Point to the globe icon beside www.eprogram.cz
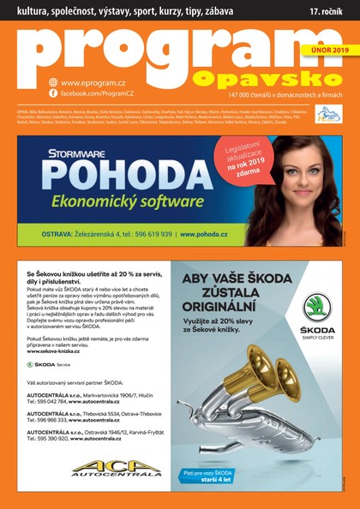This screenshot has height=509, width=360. point(53,82)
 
